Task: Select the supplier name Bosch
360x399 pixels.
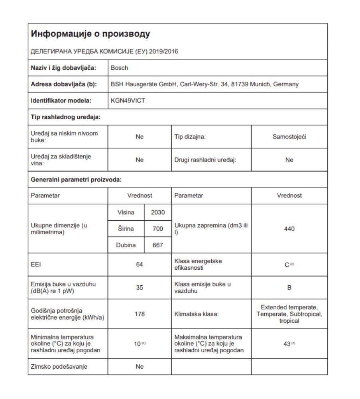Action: pyautogui.click(x=119, y=68)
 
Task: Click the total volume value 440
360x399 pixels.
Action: pyautogui.click(x=289, y=229)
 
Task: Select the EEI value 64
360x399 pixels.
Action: pyautogui.click(x=140, y=265)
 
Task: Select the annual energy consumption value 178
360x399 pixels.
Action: pyautogui.click(x=140, y=314)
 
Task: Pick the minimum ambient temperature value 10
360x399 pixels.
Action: pyautogui.click(x=138, y=343)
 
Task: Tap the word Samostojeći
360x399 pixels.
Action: pyautogui.click(x=289, y=137)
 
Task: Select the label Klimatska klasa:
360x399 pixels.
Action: pyautogui.click(x=191, y=314)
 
